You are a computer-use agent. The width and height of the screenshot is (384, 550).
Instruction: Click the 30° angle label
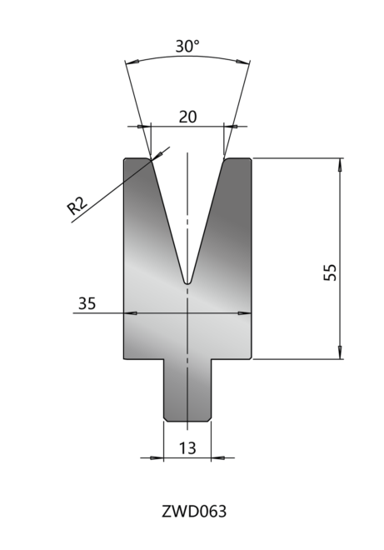[187, 47]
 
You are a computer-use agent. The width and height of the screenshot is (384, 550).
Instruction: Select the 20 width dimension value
[188, 117]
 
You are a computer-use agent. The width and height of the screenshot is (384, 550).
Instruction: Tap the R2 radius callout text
[77, 206]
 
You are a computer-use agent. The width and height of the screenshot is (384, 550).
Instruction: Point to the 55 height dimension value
[330, 272]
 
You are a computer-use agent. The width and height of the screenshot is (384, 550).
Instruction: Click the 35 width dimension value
[87, 303]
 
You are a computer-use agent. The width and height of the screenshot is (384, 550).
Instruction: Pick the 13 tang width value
[187, 448]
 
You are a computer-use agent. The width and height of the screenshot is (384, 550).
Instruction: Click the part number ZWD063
[194, 512]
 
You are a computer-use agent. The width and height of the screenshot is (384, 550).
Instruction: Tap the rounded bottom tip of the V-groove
[188, 282]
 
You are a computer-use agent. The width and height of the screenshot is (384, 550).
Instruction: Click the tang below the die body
[187, 390]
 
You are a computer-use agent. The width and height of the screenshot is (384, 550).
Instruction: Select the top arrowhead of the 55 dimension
[340, 164]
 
